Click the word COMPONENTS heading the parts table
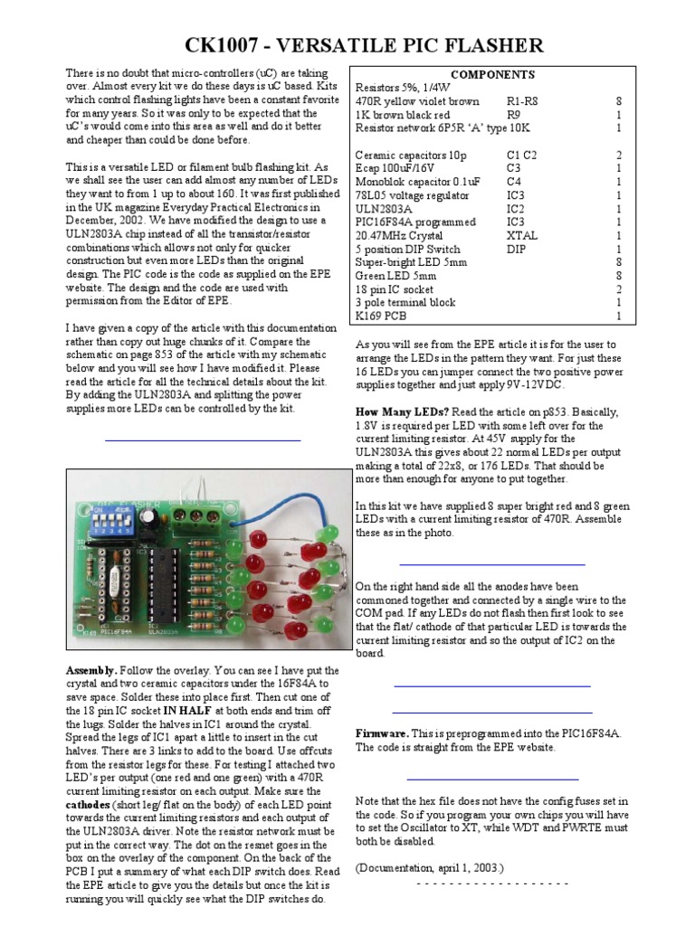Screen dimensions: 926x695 tap(492, 75)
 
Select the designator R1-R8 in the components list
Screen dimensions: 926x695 tap(526, 102)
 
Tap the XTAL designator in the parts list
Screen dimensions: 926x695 tap(521, 235)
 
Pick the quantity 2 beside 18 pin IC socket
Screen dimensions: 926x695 tap(619, 289)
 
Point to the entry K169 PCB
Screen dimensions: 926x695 tap(382, 317)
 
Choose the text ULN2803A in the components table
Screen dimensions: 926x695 tap(386, 209)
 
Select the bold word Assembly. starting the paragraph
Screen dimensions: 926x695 tap(91, 670)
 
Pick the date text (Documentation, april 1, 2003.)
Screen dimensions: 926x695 tap(429, 867)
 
